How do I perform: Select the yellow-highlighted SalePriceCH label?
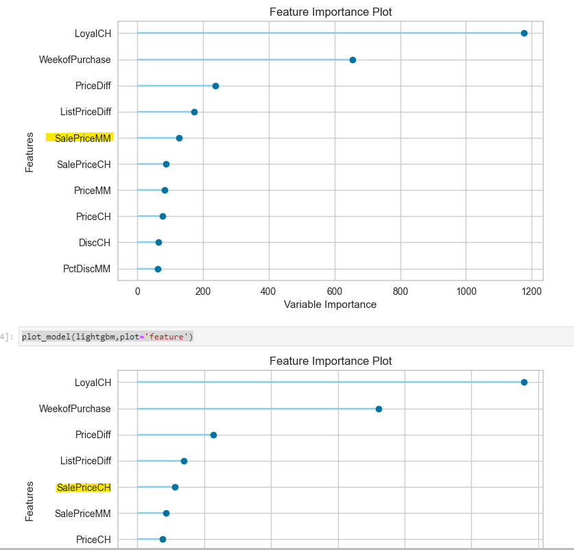point(84,488)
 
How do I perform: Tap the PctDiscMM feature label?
point(86,269)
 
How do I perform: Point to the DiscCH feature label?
point(95,243)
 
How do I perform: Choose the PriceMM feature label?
point(93,191)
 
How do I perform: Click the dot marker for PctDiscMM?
point(158,269)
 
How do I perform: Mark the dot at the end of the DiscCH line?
point(158,243)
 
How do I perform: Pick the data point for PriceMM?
point(165,191)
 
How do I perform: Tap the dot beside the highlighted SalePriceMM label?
point(179,138)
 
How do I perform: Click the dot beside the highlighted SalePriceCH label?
point(175,487)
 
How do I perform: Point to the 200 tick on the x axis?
point(203,291)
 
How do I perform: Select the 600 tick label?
point(335,291)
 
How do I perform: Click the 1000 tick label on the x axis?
point(466,291)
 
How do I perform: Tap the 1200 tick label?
point(531,291)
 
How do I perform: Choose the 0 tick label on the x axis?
point(137,291)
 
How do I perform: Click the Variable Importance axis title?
point(330,304)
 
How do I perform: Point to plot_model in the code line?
point(47,336)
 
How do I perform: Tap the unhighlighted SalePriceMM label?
point(84,514)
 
